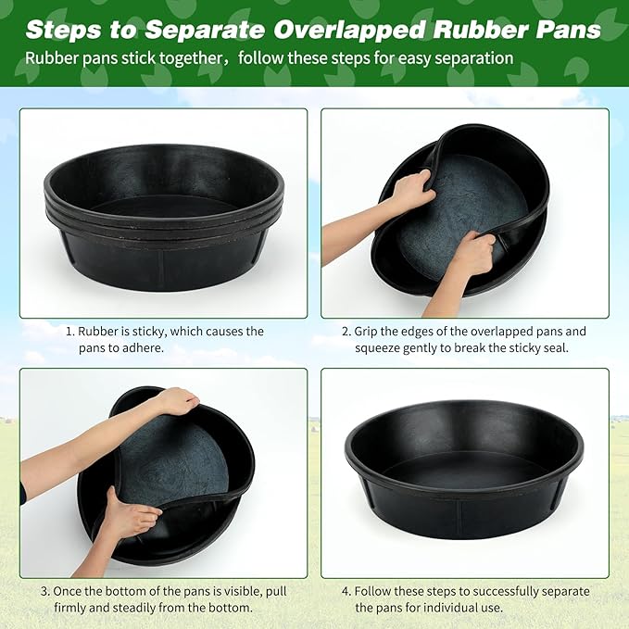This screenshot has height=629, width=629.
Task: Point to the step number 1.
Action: (69, 331)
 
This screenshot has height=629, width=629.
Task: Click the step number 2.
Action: (346, 331)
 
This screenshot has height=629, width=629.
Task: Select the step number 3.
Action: (44, 591)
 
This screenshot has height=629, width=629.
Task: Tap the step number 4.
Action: (346, 591)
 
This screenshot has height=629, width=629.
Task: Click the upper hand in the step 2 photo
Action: (411, 190)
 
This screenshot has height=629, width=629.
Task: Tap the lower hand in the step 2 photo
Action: (472, 254)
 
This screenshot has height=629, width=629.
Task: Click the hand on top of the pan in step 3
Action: (176, 401)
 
